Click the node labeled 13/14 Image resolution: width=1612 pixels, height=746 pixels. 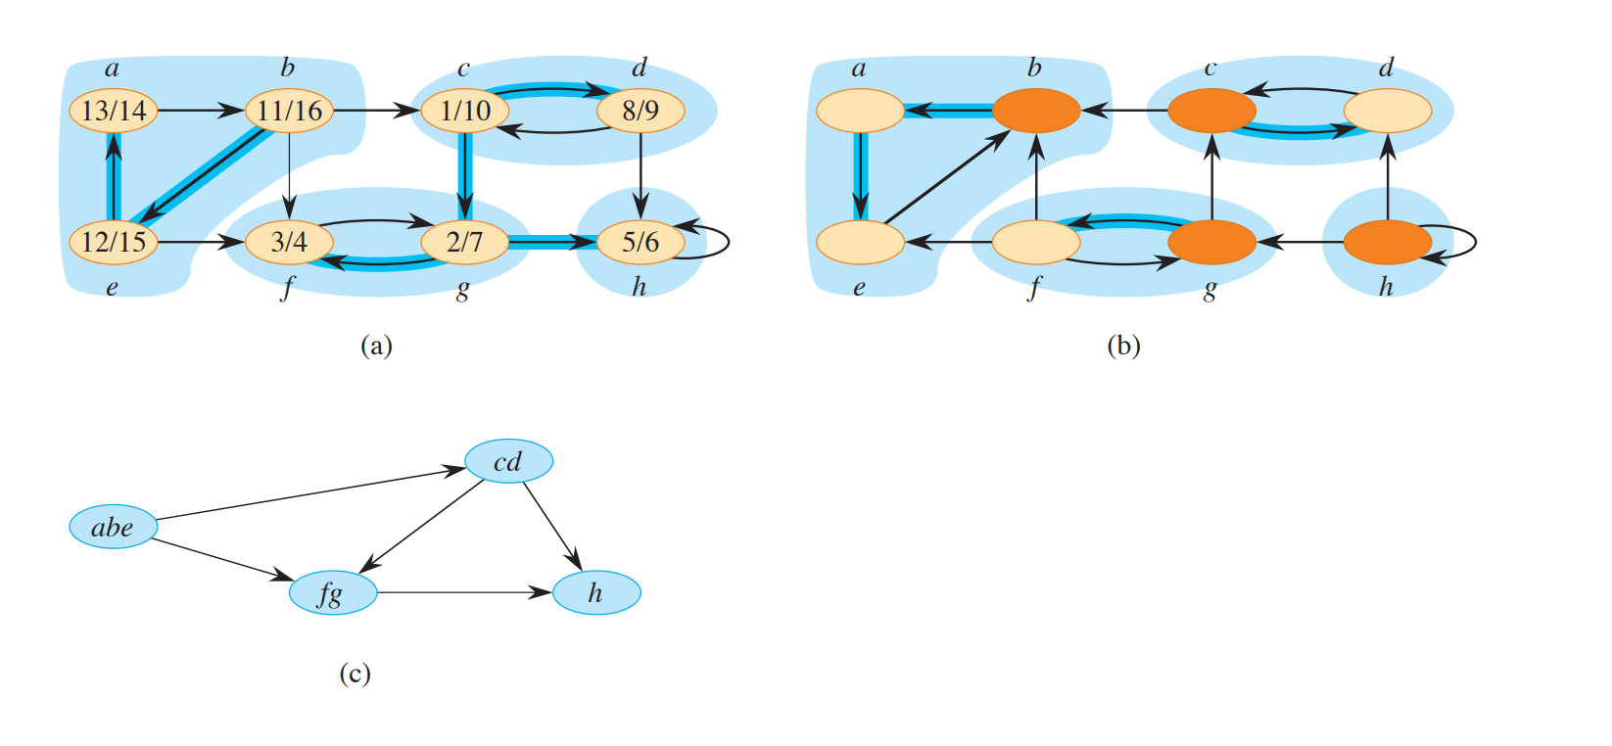[114, 111]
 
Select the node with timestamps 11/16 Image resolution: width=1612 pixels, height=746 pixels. [289, 111]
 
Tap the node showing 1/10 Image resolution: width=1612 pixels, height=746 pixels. [465, 111]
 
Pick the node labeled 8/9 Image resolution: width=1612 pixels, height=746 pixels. [640, 111]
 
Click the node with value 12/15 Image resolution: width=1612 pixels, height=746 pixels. [114, 242]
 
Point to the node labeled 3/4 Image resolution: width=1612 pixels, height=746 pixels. [289, 242]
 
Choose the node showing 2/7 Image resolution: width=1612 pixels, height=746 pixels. [465, 242]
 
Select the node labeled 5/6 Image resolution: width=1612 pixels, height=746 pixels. [640, 242]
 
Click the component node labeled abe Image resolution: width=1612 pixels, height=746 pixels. [114, 528]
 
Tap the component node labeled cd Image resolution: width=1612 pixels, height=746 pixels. [508, 461]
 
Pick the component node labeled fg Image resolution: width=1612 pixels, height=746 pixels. [333, 593]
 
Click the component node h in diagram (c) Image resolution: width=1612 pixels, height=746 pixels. [596, 593]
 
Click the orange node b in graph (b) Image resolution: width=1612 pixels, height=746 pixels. [1036, 111]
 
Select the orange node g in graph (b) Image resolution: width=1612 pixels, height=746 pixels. [1211, 242]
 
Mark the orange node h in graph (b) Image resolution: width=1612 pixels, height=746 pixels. [1387, 242]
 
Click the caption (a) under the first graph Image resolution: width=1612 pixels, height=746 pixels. [376, 346]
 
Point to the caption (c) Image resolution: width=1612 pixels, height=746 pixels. [355, 674]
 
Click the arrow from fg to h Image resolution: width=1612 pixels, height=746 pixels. [464, 592]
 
